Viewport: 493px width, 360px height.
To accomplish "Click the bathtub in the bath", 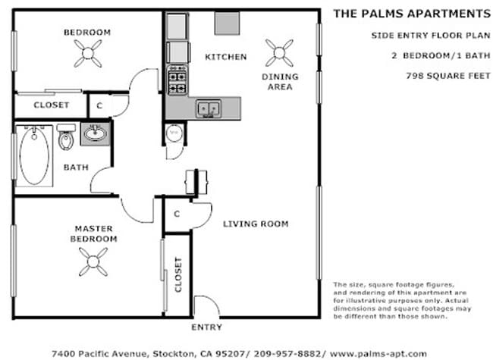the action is click(34, 156).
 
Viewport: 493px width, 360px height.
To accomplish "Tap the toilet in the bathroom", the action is click(66, 137).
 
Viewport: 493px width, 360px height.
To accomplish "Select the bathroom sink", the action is click(96, 134).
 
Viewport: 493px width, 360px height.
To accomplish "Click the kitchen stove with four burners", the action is click(177, 80).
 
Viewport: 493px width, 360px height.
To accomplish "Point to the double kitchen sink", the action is click(208, 108).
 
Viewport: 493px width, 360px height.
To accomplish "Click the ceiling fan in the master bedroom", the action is click(93, 261).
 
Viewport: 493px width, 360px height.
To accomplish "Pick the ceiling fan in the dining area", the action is click(279, 53).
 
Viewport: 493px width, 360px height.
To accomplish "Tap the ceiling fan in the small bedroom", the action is click(88, 53).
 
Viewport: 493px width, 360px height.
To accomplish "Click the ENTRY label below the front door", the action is click(206, 327).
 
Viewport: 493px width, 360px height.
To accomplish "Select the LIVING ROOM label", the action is click(256, 224).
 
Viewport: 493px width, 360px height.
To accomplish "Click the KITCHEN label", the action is click(226, 57).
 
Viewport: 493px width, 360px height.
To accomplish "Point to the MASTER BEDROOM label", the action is click(94, 233).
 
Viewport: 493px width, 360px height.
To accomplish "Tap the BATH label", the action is click(76, 167).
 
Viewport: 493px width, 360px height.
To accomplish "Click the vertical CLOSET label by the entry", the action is click(178, 274).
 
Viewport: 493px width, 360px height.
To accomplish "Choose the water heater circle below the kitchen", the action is click(174, 133).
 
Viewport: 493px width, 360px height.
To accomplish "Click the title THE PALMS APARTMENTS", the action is click(412, 14).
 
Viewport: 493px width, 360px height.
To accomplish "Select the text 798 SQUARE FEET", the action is click(448, 76).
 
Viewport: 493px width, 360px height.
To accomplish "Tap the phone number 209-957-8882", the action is click(287, 354).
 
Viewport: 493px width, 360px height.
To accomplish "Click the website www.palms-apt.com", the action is click(378, 354).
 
